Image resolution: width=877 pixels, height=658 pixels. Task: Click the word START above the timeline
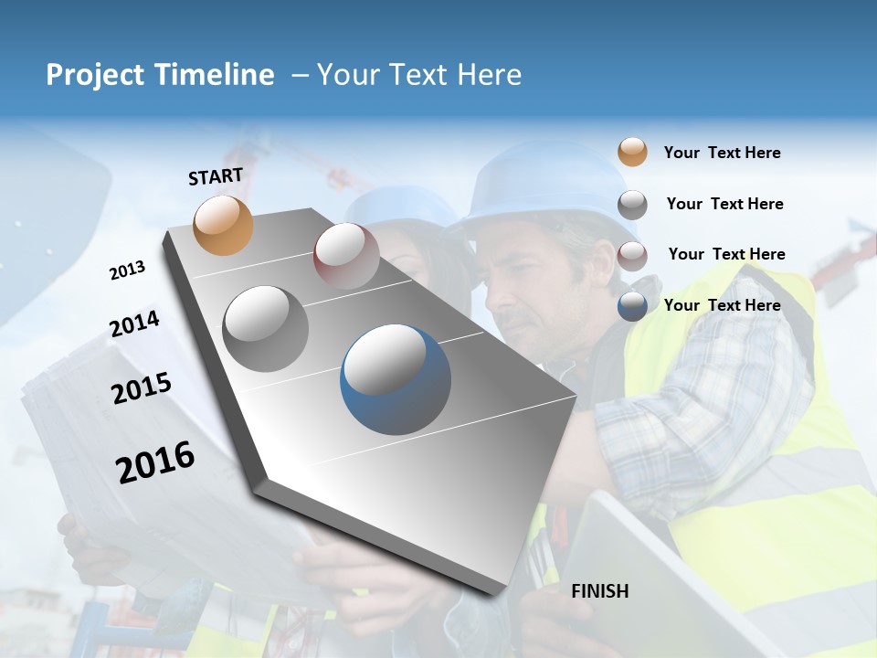(x=216, y=176)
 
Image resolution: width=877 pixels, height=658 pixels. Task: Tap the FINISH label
(x=599, y=591)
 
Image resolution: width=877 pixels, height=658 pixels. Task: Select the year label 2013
(x=127, y=271)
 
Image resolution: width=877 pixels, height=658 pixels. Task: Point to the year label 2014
(x=134, y=324)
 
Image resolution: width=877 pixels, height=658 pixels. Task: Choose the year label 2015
(x=142, y=388)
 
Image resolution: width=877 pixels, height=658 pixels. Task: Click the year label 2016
(x=155, y=462)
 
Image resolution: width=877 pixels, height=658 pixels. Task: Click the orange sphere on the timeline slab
(x=223, y=226)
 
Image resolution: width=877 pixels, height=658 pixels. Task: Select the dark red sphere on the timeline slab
(x=346, y=256)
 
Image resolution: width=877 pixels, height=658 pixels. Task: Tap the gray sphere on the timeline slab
(x=266, y=328)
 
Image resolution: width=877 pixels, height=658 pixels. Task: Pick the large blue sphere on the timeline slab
(x=396, y=379)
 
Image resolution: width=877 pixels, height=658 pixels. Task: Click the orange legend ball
(x=632, y=153)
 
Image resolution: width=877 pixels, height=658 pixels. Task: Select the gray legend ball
(x=632, y=204)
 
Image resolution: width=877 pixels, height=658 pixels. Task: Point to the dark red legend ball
(x=632, y=255)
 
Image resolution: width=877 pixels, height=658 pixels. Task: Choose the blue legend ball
(x=632, y=306)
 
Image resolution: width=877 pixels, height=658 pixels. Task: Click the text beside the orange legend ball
(x=722, y=153)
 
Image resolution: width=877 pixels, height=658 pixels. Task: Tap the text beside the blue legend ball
(x=722, y=305)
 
